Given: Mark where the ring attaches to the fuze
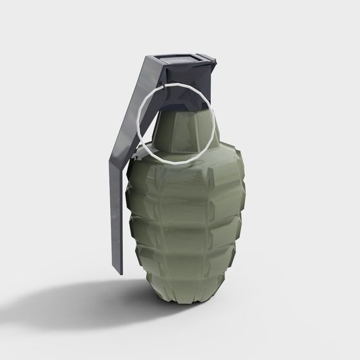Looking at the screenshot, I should (172, 85).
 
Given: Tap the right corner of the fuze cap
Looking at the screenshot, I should (215, 62).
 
